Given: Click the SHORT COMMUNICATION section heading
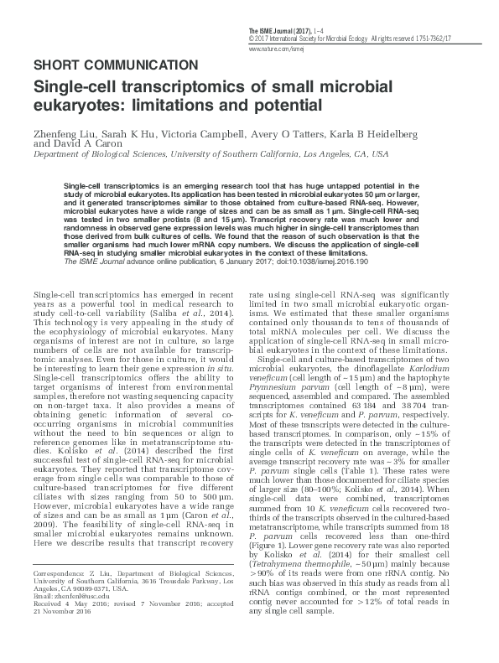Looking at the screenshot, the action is pyautogui.click(x=116, y=65).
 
